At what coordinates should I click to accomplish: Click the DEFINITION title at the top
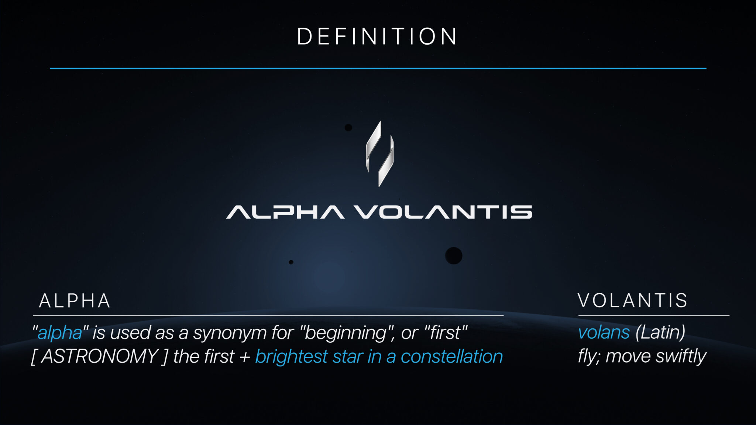coord(377,37)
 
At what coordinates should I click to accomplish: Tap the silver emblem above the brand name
coord(379,153)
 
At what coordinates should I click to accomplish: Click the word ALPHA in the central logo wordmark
coord(285,212)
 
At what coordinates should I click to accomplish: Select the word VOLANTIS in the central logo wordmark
coord(443,212)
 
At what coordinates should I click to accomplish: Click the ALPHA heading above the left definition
coord(75,301)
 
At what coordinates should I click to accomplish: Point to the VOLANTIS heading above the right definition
coord(633,300)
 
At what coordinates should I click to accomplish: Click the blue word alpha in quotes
coord(60,333)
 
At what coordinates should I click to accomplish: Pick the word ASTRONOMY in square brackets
coord(100,356)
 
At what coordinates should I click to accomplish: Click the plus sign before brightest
coord(245,357)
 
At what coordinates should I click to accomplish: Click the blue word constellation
coord(452,357)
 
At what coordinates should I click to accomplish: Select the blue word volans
coord(604,332)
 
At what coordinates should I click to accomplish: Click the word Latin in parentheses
coord(660,332)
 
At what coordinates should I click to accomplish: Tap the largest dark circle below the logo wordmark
coord(454,256)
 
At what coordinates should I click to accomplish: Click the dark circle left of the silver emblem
coord(348,128)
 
